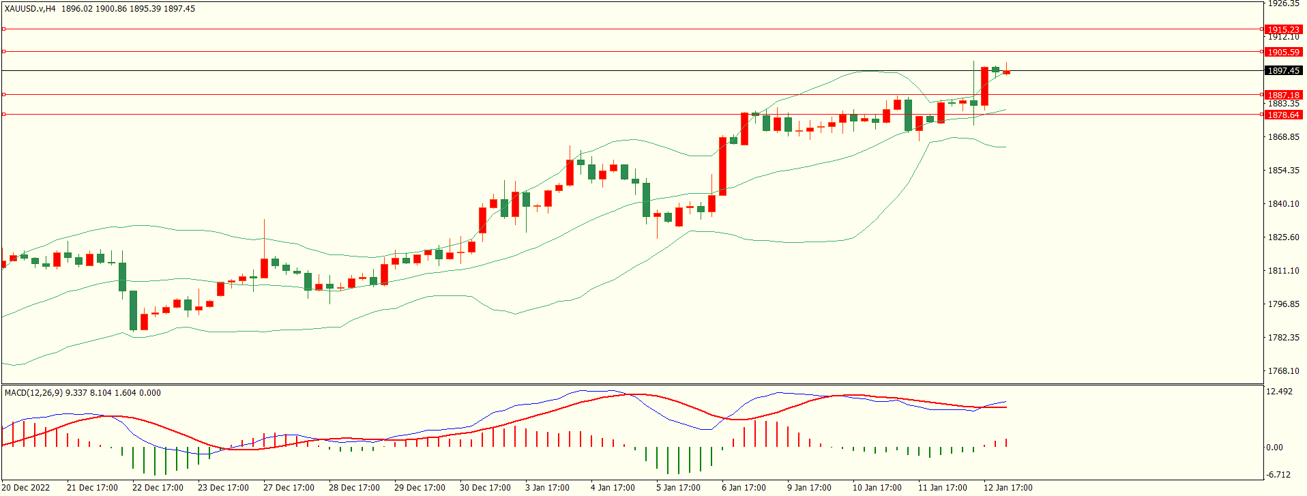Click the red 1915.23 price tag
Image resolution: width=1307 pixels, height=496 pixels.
coord(1283,29)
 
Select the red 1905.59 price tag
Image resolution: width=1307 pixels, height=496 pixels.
coord(1283,52)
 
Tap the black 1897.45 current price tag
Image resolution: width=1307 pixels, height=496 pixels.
coord(1283,70)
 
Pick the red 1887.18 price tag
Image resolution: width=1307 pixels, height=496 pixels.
coord(1283,95)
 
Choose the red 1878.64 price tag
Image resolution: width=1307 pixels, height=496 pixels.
coord(1283,115)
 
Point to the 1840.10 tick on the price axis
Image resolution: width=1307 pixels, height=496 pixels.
coord(1283,203)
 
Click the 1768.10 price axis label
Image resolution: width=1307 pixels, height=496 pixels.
coord(1283,370)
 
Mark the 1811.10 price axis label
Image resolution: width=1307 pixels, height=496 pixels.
coord(1283,270)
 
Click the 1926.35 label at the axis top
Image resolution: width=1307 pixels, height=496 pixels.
coord(1283,4)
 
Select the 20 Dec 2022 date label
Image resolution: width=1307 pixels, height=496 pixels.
coord(27,487)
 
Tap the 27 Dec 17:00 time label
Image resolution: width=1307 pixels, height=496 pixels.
coord(289,487)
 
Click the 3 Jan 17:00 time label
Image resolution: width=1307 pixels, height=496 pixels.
coord(547,487)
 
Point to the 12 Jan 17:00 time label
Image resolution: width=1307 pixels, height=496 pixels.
coord(1008,487)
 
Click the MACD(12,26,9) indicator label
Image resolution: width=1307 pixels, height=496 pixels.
coord(33,392)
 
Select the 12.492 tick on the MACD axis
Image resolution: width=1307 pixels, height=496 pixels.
coord(1279,392)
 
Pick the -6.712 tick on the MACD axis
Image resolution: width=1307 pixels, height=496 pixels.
coord(1278,474)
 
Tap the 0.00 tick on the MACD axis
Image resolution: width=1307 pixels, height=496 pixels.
coord(1274,447)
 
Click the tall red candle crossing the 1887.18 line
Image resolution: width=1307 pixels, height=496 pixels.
coord(984,86)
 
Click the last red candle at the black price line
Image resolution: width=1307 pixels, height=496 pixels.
coord(1007,72)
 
